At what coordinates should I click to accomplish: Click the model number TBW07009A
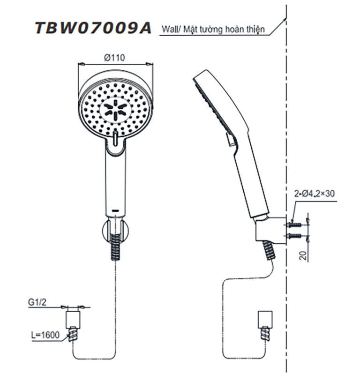93,29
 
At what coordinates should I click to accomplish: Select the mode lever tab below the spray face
115,138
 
